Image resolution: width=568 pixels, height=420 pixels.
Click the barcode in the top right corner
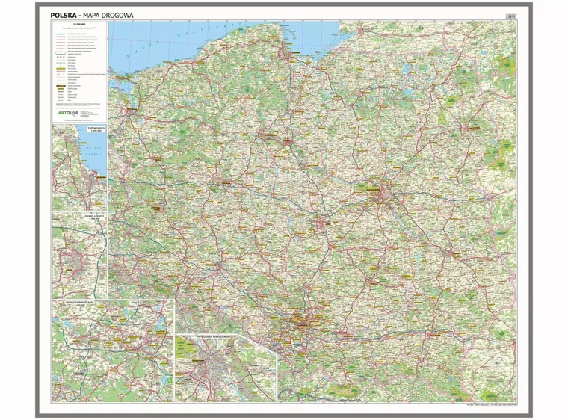click(x=510, y=15)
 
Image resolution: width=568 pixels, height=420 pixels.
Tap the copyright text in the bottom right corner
click(x=490, y=405)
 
